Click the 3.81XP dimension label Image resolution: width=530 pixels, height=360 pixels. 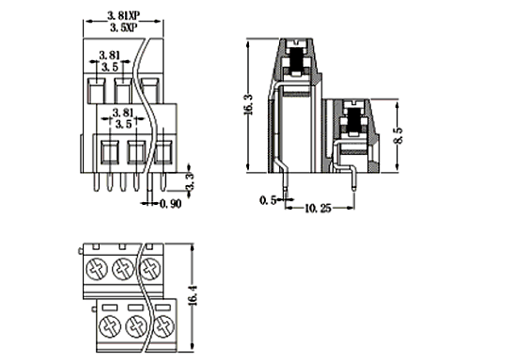[124, 16]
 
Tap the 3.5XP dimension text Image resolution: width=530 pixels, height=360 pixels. [124, 27]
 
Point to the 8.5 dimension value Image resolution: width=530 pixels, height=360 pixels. [398, 135]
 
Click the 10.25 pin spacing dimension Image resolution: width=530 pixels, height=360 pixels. [318, 209]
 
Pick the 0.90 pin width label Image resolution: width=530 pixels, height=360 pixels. [170, 204]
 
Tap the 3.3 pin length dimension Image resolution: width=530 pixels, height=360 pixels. [190, 181]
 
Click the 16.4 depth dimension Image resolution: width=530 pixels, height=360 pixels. [193, 295]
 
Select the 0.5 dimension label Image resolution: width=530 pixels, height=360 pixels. [268, 200]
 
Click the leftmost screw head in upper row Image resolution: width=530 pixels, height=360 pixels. [97, 269]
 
